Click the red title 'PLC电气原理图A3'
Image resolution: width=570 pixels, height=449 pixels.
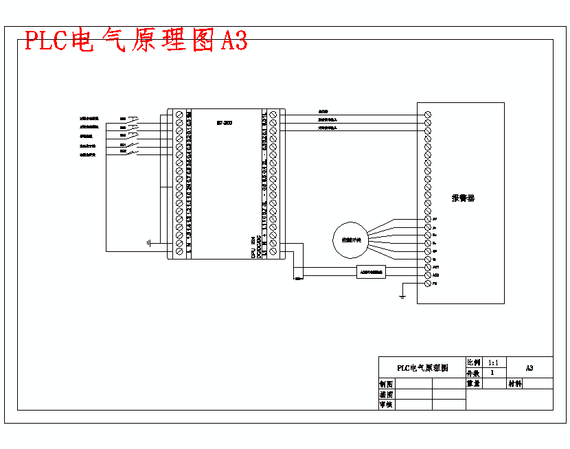tap(136, 41)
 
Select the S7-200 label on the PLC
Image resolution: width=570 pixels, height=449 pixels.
tap(224, 123)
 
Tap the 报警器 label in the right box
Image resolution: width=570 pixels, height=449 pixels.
tap(463, 198)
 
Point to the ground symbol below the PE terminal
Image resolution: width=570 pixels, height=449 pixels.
tap(402, 297)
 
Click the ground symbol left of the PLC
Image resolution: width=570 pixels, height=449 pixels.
tap(148, 243)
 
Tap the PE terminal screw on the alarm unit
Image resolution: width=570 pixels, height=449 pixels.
tap(428, 282)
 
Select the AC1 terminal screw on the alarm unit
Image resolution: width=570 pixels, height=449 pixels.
tap(428, 266)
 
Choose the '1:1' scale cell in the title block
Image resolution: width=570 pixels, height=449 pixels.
tap(492, 362)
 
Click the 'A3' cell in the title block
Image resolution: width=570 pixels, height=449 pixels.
tap(529, 367)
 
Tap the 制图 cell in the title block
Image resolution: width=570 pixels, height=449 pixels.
tap(387, 384)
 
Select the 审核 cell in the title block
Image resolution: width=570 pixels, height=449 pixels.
tap(387, 405)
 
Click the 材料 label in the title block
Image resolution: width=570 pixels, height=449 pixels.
tap(515, 384)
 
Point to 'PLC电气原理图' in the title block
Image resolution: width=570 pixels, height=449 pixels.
tap(422, 367)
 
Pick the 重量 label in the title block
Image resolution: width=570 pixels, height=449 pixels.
tap(474, 384)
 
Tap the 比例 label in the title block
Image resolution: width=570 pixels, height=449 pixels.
tap(474, 362)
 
